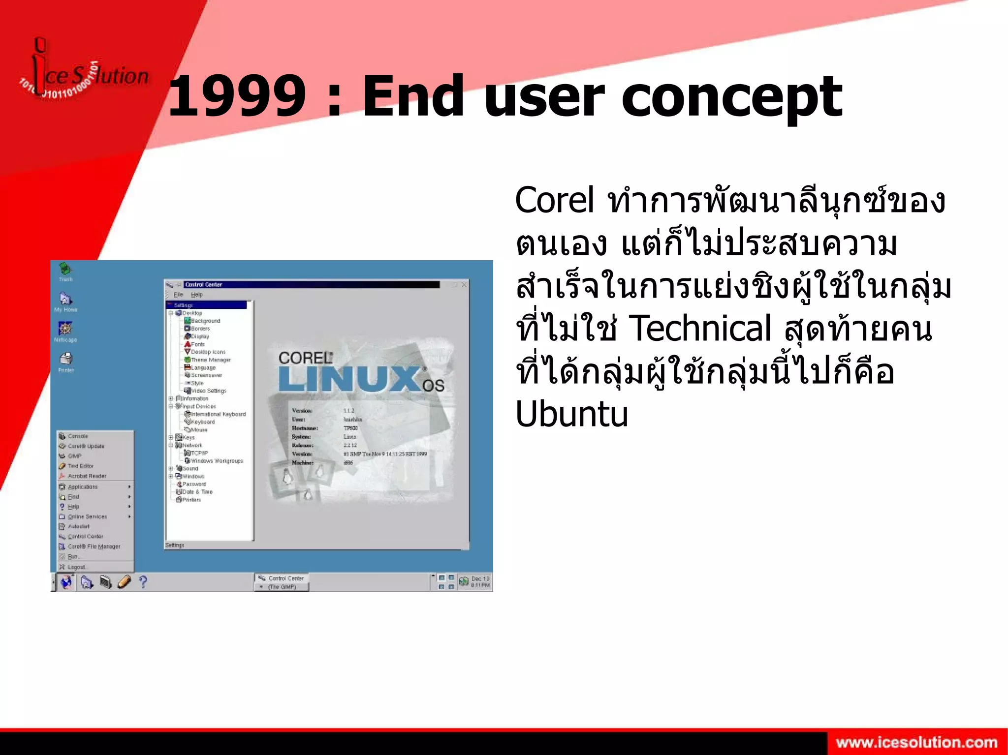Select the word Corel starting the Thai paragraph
555,201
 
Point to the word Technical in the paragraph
700,329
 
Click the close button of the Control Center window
464,284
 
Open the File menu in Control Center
178,295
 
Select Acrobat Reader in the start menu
87,476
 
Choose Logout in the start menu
76,567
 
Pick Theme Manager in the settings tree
211,360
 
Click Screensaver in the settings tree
206,375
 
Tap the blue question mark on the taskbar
143,582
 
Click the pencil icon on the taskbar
124,582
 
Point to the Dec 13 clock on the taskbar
479,582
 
